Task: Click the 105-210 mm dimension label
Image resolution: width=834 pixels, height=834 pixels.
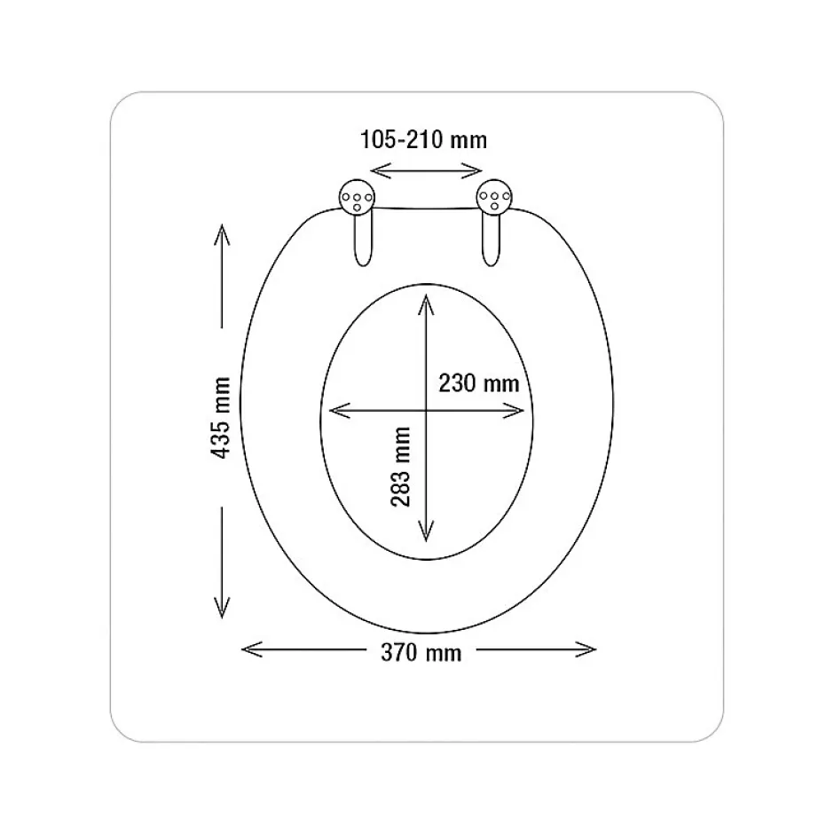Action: pos(423,140)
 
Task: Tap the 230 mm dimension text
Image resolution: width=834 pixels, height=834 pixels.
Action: pos(479,383)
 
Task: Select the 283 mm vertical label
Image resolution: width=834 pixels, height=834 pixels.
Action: pos(400,467)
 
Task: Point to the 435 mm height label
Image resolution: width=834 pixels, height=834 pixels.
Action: pos(220,418)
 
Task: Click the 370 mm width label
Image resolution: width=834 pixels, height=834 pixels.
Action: pos(421,653)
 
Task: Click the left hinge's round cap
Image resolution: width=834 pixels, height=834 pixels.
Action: pos(357,197)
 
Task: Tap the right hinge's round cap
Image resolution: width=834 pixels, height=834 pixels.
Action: pos(494,197)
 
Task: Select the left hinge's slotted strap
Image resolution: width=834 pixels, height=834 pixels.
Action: pos(363,240)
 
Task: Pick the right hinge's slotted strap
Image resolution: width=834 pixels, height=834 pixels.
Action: pos(491,240)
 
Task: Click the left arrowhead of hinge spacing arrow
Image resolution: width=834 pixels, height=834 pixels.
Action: pos(379,170)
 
